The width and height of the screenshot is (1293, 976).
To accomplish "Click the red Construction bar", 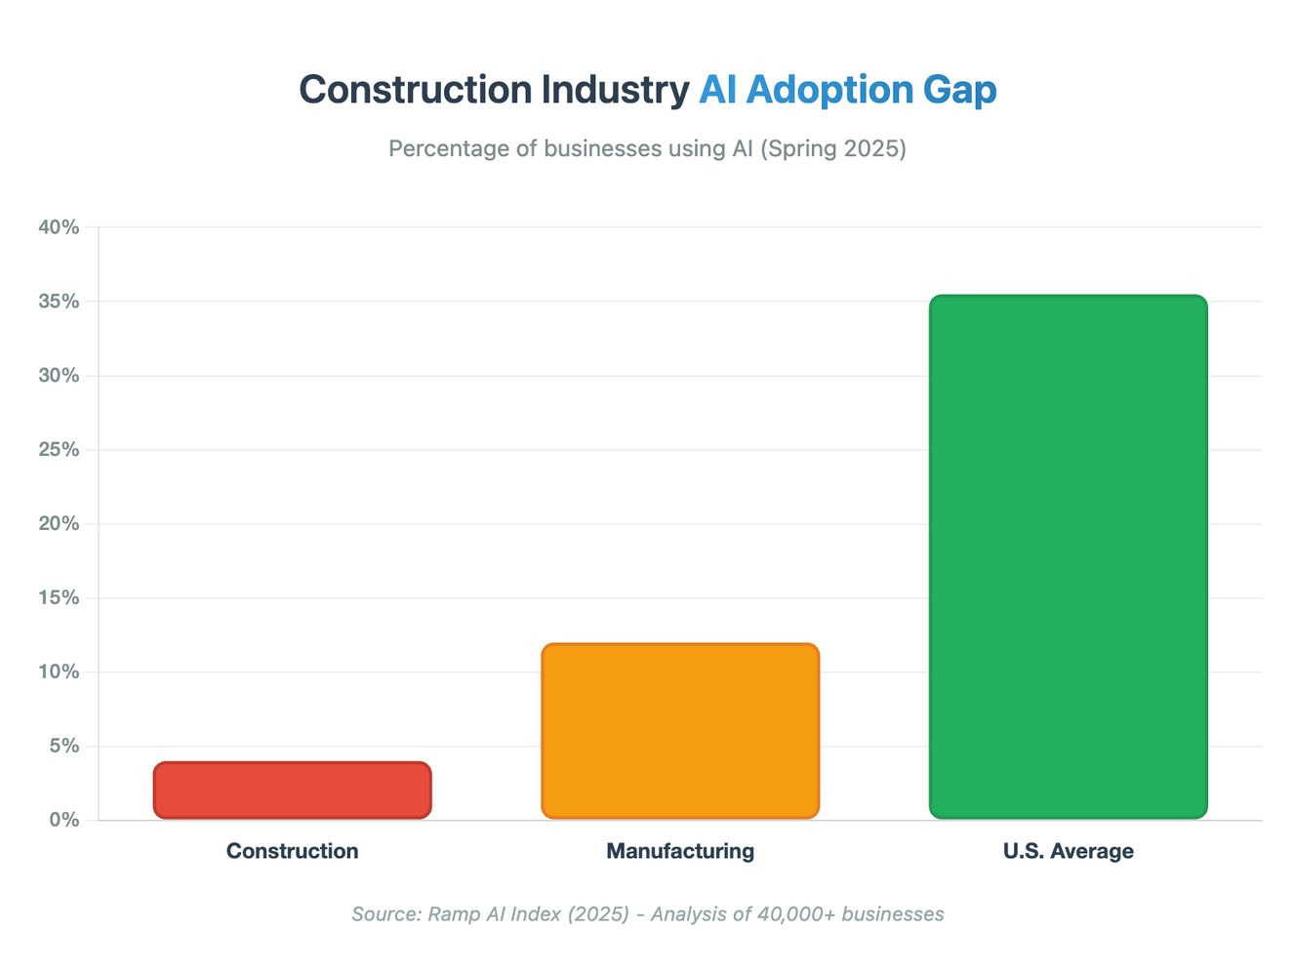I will pos(292,790).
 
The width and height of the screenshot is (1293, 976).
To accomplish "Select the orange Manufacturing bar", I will pos(680,731).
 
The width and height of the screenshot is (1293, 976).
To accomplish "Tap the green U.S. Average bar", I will pos(1068,556).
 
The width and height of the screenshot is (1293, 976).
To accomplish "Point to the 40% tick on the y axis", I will pos(59,227).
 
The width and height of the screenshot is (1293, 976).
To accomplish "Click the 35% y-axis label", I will pos(59,302).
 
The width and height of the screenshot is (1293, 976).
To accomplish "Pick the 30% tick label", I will pos(59,376).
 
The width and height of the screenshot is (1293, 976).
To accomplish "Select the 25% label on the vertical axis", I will pos(59,450).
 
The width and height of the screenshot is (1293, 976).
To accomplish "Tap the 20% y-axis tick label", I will pos(59,524).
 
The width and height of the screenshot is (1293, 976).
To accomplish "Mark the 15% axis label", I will pos(59,598).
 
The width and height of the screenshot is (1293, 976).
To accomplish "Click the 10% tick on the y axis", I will pos(59,672).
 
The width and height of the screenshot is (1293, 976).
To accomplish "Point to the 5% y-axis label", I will pos(63,747).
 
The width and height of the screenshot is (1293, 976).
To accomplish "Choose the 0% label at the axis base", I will pos(63,820).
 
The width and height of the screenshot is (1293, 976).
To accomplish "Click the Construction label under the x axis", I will pos(292,851).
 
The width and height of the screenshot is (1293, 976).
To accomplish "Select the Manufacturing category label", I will pos(680,851).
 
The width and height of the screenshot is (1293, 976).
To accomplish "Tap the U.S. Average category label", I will pos(1068,851).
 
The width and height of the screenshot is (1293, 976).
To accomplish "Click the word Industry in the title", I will pos(615,90).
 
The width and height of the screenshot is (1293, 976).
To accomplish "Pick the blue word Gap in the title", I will pos(959,90).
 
